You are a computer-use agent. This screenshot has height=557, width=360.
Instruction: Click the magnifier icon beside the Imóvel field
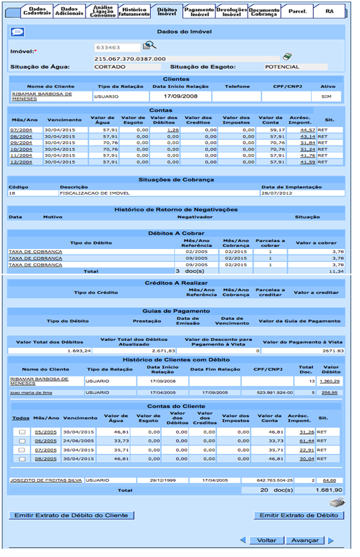point(149,46)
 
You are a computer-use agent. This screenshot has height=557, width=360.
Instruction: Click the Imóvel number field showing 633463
point(117,48)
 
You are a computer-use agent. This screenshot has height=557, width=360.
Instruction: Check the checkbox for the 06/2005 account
point(22,441)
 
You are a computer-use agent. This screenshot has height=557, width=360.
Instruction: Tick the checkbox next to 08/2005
point(22,458)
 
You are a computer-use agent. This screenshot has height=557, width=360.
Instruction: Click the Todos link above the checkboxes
point(20,418)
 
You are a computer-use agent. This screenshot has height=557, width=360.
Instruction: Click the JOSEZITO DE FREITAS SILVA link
point(46,480)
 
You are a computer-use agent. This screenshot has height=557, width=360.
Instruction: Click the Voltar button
point(266,541)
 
